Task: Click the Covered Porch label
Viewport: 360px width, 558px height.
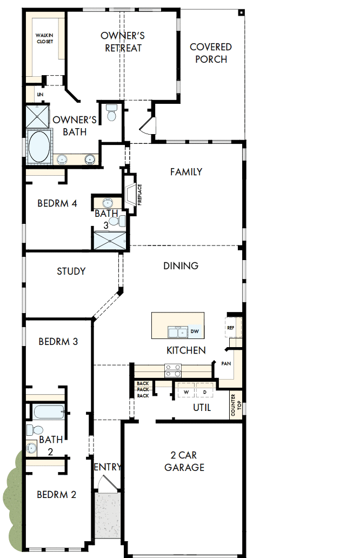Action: click(211, 53)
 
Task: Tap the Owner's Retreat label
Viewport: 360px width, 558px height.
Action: click(123, 42)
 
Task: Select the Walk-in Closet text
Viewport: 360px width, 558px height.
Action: click(45, 38)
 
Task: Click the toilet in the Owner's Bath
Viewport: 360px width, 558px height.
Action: click(112, 112)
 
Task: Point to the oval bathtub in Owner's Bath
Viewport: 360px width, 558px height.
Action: click(38, 145)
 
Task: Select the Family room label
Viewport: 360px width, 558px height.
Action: click(186, 172)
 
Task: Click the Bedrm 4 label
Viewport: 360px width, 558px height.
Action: click(57, 203)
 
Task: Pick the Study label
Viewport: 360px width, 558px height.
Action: click(71, 271)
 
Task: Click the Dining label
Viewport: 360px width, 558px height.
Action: click(181, 265)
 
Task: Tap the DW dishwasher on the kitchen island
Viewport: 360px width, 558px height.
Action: click(195, 331)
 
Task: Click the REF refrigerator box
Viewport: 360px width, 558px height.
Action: click(231, 328)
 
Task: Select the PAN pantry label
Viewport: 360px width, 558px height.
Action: click(226, 363)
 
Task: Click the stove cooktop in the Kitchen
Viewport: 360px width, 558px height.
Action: click(173, 370)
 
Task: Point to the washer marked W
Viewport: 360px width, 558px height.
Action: click(186, 391)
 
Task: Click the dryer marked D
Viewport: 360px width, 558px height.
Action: click(204, 391)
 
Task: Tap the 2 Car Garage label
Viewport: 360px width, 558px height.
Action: click(184, 461)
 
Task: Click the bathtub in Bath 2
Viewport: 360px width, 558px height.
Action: click(48, 413)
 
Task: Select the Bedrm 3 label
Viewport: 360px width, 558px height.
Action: click(58, 342)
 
